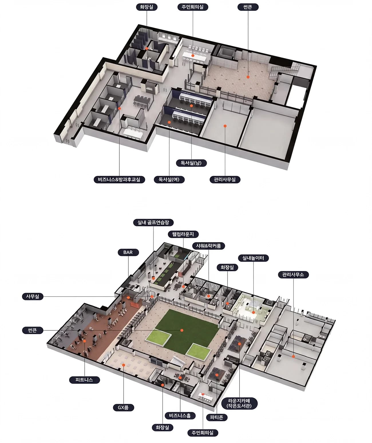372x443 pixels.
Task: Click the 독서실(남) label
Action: (x=191, y=163)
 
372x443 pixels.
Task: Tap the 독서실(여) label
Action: (x=169, y=179)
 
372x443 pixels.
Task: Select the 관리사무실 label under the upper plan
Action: (x=225, y=179)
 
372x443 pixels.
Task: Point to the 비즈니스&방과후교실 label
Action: (x=119, y=179)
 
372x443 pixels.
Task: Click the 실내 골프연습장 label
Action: (x=153, y=222)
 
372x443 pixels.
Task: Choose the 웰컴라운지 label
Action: (x=183, y=234)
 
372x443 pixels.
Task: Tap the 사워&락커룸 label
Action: (x=208, y=246)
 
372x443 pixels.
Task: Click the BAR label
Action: (x=128, y=252)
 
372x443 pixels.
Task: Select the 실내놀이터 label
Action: (x=253, y=258)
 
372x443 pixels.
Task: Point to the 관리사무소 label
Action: (x=293, y=275)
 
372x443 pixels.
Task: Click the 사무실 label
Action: (x=33, y=296)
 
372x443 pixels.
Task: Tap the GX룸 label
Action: (x=123, y=407)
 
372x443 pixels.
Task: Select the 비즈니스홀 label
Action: (x=180, y=415)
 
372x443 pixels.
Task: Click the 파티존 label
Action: (x=217, y=417)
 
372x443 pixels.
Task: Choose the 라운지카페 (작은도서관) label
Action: (x=239, y=403)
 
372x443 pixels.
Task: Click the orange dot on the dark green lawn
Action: (x=182, y=330)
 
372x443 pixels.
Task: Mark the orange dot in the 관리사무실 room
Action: (x=225, y=126)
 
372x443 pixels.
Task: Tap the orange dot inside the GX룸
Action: (x=123, y=365)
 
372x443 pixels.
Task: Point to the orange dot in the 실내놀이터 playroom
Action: (x=253, y=312)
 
